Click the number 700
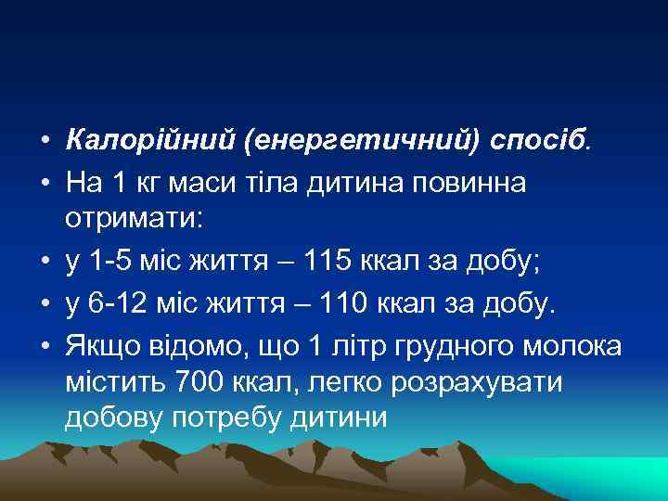tap(210, 382)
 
